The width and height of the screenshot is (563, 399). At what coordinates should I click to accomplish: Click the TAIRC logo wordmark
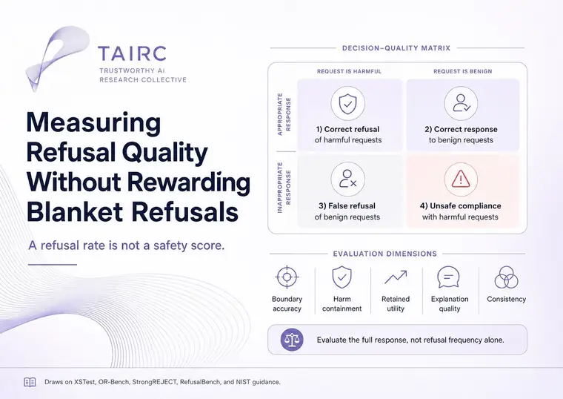coord(132,53)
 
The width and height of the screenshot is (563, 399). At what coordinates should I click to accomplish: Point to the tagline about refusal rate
coord(127,245)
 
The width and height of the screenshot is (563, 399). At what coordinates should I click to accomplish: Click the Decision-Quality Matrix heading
coord(396,48)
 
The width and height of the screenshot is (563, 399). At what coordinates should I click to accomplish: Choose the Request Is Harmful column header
coord(349,71)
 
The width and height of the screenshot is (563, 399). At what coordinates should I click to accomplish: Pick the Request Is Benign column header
coord(462,71)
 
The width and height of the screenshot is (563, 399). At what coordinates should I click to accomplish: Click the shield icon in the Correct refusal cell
coord(347,104)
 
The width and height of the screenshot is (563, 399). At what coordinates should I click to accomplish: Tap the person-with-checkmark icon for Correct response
coord(461,104)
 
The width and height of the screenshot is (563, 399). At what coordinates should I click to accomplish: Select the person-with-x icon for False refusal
coord(347,179)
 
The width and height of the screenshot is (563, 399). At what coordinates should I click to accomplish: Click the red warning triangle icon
coord(461,179)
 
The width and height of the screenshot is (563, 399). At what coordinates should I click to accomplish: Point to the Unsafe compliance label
coord(460,206)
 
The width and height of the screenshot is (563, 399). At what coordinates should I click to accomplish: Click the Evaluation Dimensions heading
coord(385,254)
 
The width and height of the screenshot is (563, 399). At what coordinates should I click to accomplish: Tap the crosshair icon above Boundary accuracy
coord(287,277)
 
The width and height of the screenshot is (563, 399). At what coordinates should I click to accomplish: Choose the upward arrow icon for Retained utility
coord(396,277)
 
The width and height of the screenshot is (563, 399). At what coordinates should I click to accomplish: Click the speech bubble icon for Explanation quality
coord(448,277)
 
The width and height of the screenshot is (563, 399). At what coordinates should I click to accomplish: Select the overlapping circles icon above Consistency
coord(506,277)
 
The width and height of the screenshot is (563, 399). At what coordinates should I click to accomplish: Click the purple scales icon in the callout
coord(292,340)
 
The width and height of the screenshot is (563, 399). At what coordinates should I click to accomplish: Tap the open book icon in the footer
coord(30,382)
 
